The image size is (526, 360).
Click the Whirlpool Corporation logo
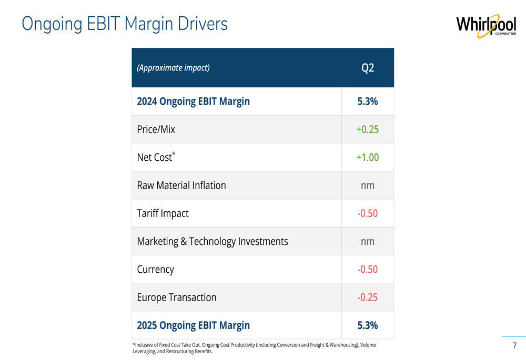point(485,26)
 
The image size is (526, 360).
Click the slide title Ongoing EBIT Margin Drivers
point(125,24)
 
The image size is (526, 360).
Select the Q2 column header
point(368,68)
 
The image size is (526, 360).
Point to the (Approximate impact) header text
point(173,68)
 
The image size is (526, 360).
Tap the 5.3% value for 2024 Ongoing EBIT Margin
point(368,101)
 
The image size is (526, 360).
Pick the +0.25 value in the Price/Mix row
point(367,129)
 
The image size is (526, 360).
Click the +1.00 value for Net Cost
point(367,157)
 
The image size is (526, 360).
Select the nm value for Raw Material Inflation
point(368,186)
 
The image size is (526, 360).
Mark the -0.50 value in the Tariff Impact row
point(367,213)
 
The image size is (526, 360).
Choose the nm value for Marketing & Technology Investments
point(368,241)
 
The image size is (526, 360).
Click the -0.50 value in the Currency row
point(367,269)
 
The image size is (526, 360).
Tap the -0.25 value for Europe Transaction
point(367,297)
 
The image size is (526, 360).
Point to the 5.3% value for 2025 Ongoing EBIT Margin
point(368,325)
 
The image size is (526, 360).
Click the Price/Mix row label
point(156,129)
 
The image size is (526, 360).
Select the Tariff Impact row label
point(163,213)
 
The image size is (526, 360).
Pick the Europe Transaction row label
point(176,297)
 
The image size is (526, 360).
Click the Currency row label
point(155,270)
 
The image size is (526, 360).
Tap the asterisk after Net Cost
point(174,153)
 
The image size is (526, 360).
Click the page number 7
point(514,345)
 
